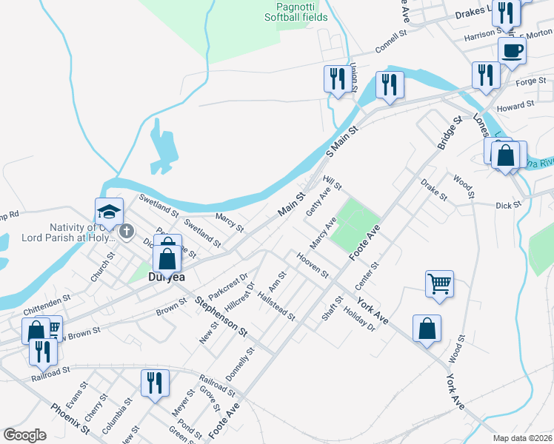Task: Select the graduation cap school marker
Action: click(x=108, y=212)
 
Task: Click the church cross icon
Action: click(x=126, y=232)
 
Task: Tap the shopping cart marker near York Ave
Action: click(x=439, y=283)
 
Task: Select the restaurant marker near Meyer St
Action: click(x=155, y=383)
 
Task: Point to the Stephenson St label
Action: click(x=221, y=317)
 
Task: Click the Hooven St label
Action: click(x=313, y=263)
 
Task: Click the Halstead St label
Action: click(x=276, y=306)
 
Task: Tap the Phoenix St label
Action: click(x=70, y=418)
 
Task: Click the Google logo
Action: click(x=24, y=435)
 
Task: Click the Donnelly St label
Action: click(x=240, y=364)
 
